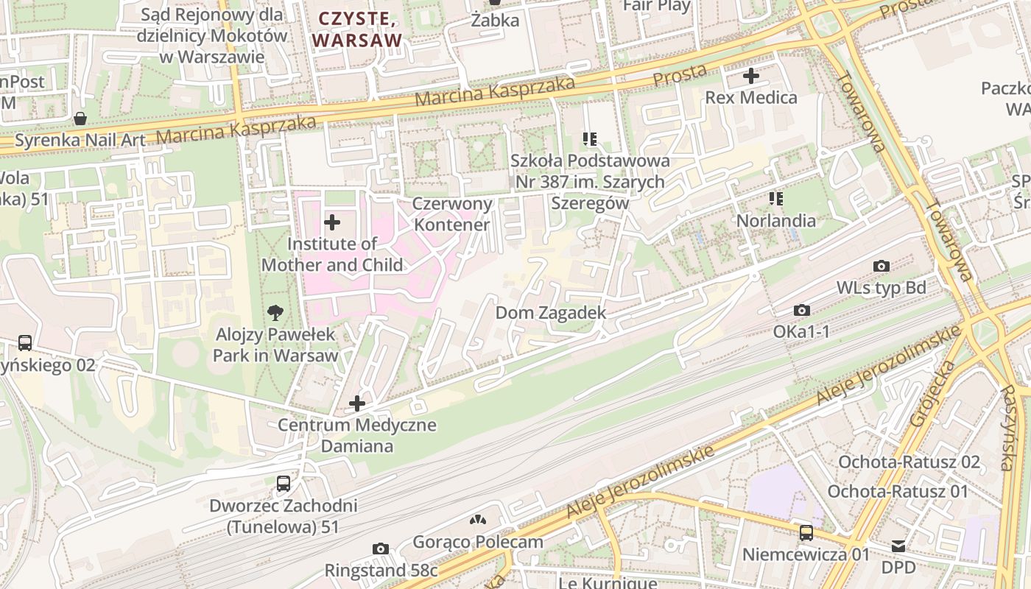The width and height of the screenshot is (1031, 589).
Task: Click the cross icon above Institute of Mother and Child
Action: tap(332, 222)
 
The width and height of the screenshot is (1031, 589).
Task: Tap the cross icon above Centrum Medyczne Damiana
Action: tap(357, 403)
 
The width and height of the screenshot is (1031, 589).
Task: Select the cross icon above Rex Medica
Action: tap(750, 76)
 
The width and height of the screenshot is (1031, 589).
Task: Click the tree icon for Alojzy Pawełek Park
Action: tap(275, 313)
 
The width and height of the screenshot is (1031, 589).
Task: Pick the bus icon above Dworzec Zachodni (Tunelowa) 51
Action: tap(284, 484)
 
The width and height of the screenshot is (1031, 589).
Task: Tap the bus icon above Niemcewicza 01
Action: tap(806, 532)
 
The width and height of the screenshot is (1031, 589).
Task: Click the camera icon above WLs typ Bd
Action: tap(881, 266)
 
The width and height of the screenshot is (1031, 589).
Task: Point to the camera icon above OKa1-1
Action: tap(802, 311)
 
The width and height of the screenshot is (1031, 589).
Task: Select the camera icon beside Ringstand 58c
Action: tap(381, 549)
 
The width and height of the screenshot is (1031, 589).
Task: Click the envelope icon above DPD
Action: tap(898, 546)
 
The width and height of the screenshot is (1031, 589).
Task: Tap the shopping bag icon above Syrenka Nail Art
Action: tap(80, 119)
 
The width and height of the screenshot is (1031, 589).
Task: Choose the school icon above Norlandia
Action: tap(775, 199)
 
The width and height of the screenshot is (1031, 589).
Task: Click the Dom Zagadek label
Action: tap(551, 313)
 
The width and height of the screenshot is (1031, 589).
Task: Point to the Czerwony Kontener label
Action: tap(451, 214)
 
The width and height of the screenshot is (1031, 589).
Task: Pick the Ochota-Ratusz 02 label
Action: tap(909, 462)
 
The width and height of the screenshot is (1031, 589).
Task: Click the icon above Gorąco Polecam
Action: tap(478, 521)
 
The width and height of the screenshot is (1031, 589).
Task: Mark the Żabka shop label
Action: tap(495, 21)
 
